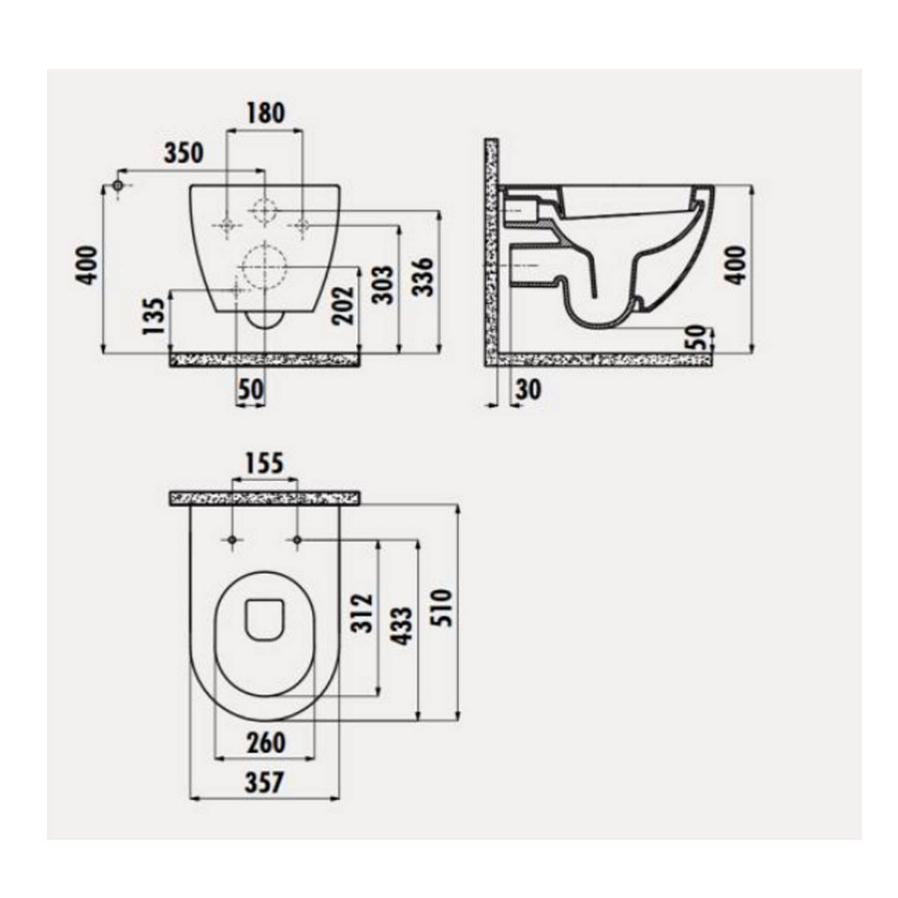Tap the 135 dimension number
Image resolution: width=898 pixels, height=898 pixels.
152,316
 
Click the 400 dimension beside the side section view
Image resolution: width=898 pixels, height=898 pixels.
735,263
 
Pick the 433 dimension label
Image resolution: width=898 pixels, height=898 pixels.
402,626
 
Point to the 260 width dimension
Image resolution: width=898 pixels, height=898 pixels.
264,742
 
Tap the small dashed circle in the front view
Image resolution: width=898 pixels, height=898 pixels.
264,212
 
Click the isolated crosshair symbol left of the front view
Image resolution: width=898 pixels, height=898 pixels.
119,187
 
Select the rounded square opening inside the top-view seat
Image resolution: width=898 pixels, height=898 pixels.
264,619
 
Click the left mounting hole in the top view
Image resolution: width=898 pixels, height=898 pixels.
231,541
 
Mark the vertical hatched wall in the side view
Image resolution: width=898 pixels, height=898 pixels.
491,249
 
